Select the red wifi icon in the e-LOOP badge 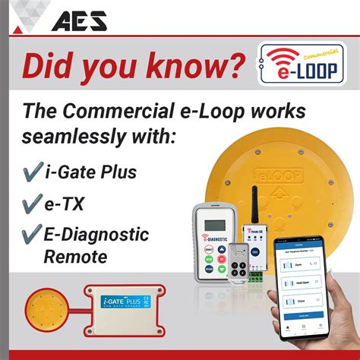tap(280, 58)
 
